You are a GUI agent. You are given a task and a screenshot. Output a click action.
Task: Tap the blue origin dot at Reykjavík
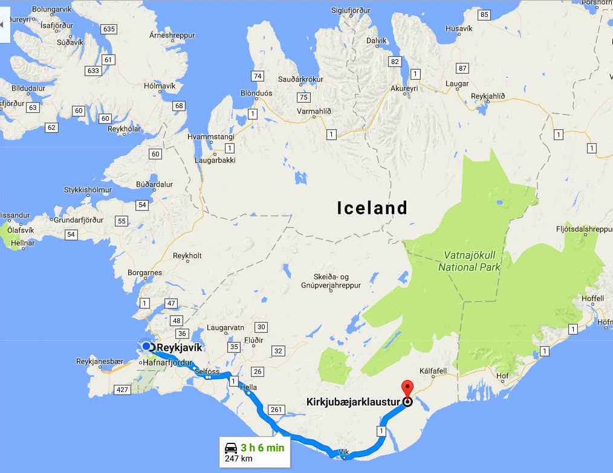click(x=146, y=346)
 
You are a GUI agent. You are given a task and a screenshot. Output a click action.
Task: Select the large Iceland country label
click(x=372, y=208)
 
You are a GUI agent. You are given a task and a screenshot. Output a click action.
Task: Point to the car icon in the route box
click(x=231, y=448)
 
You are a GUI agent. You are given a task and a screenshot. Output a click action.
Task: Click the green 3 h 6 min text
click(x=262, y=448)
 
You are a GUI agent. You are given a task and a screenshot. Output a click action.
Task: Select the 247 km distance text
click(x=238, y=459)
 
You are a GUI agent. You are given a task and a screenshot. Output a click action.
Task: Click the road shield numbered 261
click(x=276, y=410)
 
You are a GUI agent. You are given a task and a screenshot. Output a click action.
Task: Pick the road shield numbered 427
click(x=123, y=390)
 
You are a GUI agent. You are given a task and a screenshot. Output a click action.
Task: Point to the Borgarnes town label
click(x=144, y=272)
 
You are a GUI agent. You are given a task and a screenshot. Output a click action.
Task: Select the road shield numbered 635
click(x=109, y=29)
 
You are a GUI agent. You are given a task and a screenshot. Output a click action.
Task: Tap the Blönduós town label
click(x=256, y=93)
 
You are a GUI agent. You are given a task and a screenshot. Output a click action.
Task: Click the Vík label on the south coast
click(x=344, y=451)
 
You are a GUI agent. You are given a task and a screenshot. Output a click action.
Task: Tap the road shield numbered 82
click(x=395, y=62)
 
